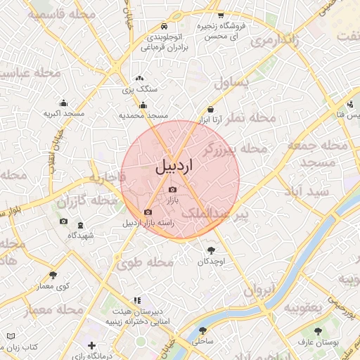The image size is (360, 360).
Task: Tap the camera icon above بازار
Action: (x=173, y=189)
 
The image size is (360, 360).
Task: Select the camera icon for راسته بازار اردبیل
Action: (x=148, y=212)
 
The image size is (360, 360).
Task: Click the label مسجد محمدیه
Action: (x=143, y=115)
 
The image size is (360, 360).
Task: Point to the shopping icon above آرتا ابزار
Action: (x=212, y=109)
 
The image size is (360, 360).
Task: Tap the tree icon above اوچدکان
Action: (x=211, y=250)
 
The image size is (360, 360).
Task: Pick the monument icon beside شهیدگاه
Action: (x=80, y=225)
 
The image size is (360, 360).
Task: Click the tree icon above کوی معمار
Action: (x=53, y=275)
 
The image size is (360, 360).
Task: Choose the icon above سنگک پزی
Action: (x=139, y=79)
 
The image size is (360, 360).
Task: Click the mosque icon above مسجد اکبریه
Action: (x=63, y=103)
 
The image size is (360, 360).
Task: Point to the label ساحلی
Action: (x=203, y=340)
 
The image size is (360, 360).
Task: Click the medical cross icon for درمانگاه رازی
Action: (x=92, y=345)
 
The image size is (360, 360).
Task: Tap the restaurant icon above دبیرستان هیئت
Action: (x=137, y=300)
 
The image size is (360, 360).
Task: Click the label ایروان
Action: (x=262, y=290)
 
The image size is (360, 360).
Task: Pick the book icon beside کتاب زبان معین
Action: (x=10, y=337)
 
